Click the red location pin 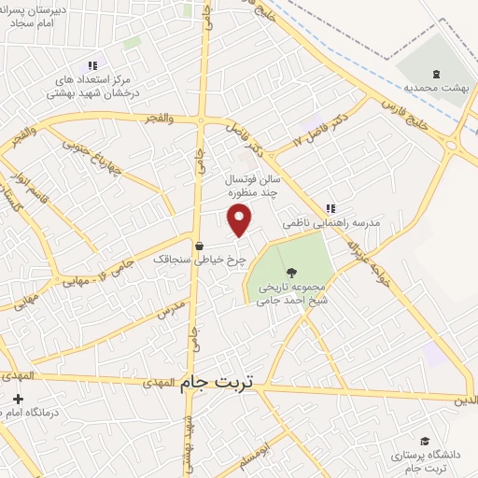pos(240,219)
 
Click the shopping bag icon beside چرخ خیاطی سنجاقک pos(200,246)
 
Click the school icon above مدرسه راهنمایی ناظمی pos(330,208)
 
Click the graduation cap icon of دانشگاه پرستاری pos(425,441)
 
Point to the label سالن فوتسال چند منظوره pos(252,188)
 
